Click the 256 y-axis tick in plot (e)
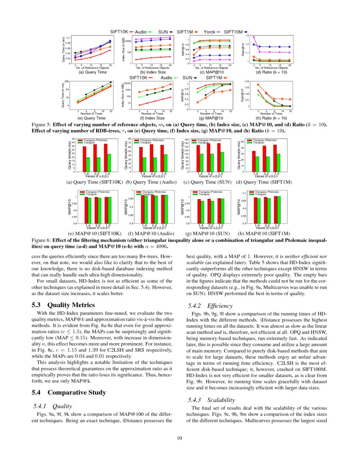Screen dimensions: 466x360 coord(66,81)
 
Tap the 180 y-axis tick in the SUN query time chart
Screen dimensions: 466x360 coord(186,139)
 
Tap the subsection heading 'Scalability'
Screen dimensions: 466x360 coord(221,400)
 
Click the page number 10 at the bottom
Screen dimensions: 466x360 coord(180,438)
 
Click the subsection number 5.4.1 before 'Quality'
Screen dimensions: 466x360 coord(42,405)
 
